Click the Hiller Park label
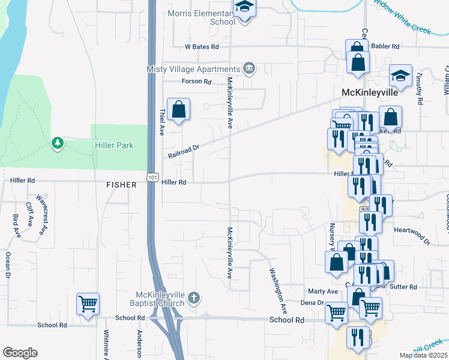pos(113,145)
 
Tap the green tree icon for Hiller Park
pos(58,143)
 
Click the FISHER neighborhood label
pos(122,185)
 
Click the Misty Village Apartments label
pos(194,69)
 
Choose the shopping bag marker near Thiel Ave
pos(178,110)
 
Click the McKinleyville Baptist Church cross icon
pos(193,298)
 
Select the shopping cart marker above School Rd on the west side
pos(88,304)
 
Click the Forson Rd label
pos(198,82)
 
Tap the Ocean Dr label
pos(8,265)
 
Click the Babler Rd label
pos(385,46)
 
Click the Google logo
pos(20,353)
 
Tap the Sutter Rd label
pos(403,287)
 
